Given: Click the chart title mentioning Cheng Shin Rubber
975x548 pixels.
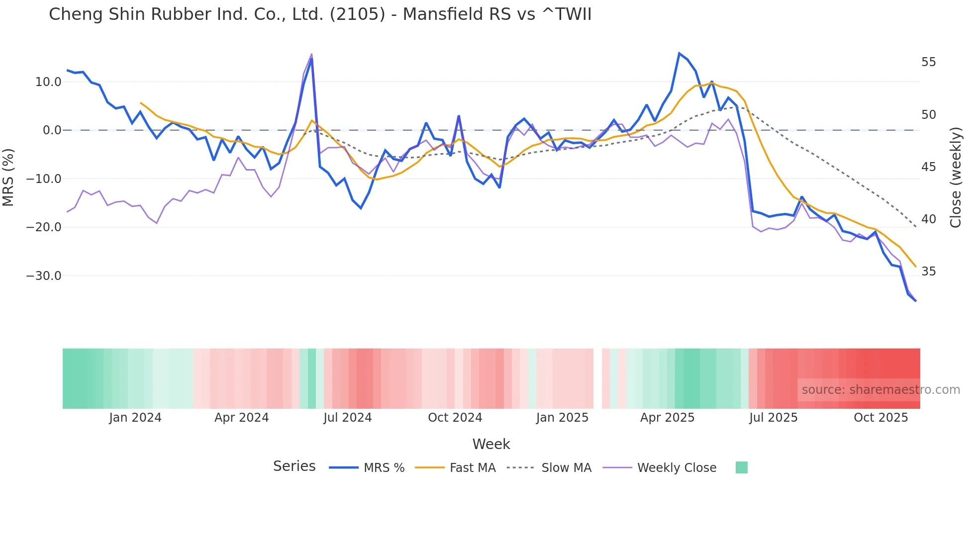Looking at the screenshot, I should point(320,14).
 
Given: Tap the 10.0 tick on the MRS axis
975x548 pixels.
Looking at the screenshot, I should point(48,82).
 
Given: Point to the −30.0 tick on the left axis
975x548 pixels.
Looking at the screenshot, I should point(44,276).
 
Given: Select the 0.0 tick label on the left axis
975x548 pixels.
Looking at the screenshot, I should point(52,130).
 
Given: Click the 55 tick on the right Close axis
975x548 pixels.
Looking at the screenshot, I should point(928,62).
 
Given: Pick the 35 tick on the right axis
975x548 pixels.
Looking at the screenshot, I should point(928,272).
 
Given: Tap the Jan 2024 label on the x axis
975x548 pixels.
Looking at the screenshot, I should point(135,418).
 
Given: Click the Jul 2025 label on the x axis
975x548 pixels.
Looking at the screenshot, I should point(773,418).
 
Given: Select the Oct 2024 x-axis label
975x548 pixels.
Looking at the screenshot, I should point(455,418).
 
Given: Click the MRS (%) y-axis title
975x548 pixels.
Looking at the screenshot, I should point(8,178).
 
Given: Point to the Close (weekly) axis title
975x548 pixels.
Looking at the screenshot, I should point(956,178).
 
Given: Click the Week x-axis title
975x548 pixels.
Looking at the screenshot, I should point(491,444).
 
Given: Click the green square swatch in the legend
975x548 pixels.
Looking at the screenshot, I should point(741,467).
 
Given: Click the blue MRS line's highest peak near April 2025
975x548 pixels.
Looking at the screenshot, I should point(679,53).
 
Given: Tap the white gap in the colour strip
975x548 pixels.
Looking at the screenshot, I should point(597,378).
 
